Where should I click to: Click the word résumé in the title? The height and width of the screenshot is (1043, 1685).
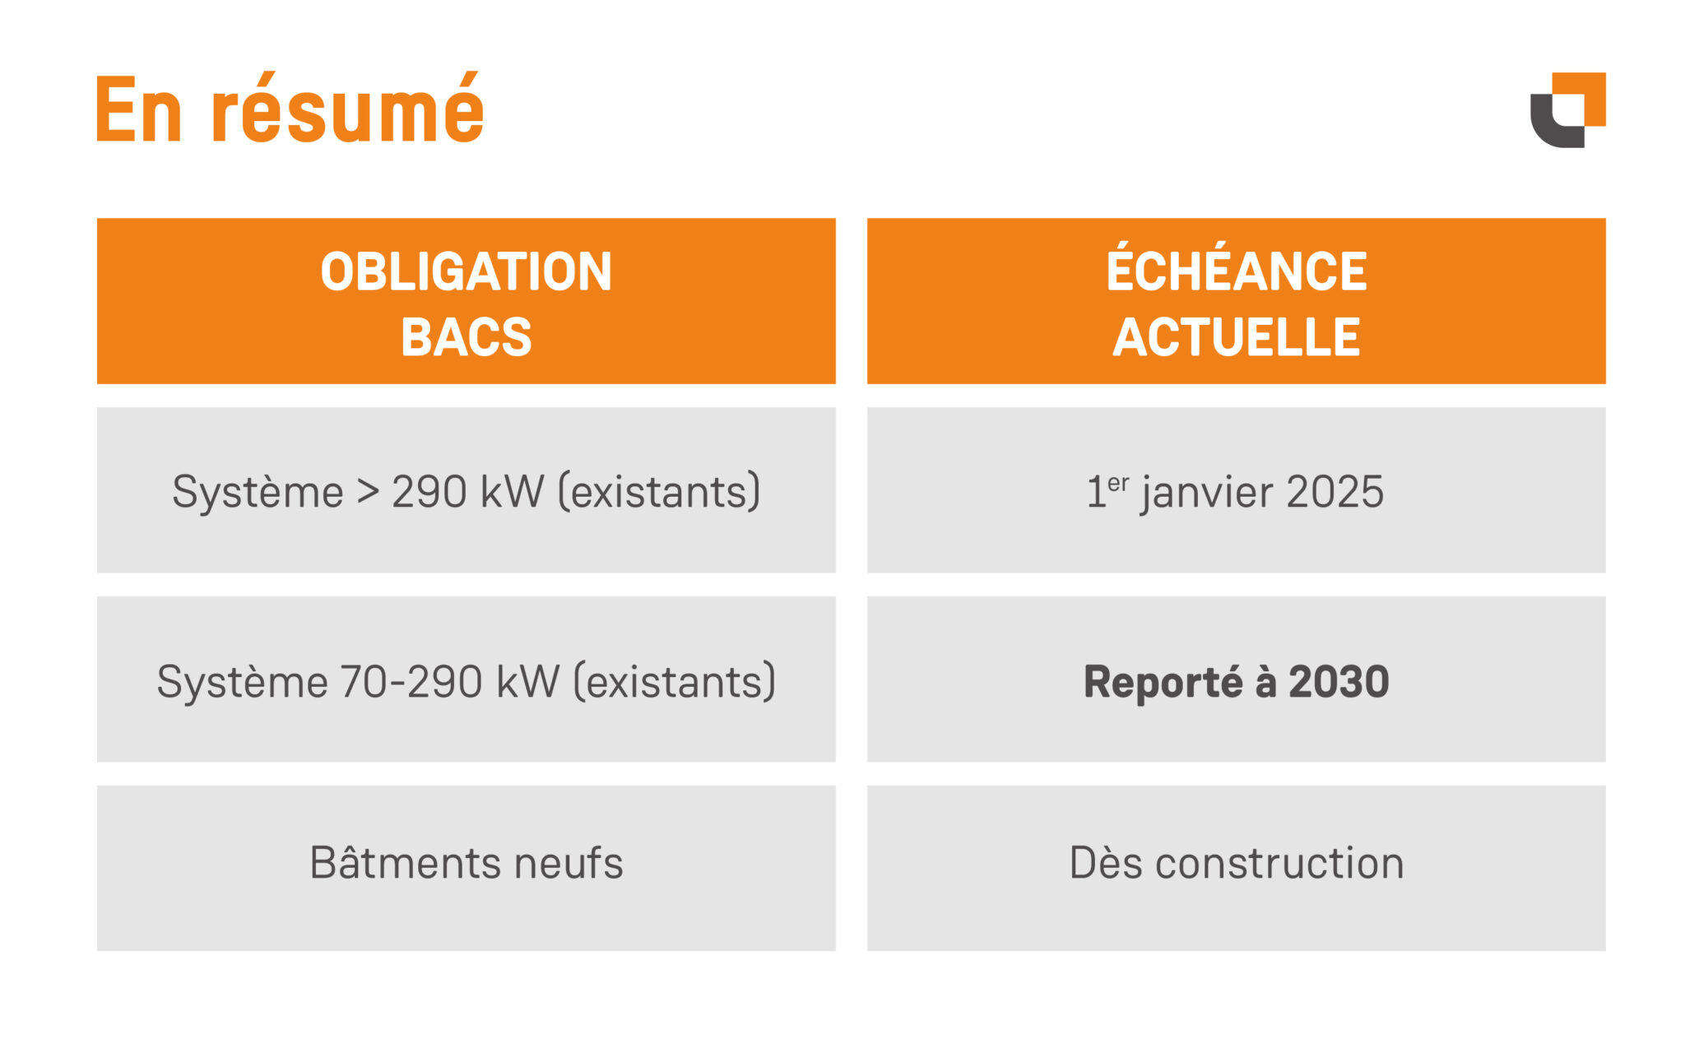pyautogui.click(x=347, y=110)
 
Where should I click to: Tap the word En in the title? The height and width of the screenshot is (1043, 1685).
pyautogui.click(x=137, y=110)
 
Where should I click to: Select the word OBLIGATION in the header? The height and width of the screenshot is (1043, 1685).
pyautogui.click(x=466, y=271)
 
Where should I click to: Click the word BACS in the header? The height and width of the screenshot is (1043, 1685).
pyautogui.click(x=466, y=337)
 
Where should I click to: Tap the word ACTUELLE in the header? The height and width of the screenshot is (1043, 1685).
pyautogui.click(x=1236, y=337)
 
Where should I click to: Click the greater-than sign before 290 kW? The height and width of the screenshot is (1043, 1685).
pyautogui.click(x=367, y=492)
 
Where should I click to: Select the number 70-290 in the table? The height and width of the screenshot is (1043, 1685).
pyautogui.click(x=411, y=681)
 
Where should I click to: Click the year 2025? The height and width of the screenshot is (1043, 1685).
pyautogui.click(x=1335, y=492)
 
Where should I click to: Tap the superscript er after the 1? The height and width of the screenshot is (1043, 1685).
pyautogui.click(x=1118, y=482)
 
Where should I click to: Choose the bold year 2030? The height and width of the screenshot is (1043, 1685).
pyautogui.click(x=1339, y=681)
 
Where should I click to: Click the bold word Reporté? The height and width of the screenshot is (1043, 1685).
pyautogui.click(x=1163, y=683)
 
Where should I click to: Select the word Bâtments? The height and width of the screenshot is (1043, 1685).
pyautogui.click(x=405, y=863)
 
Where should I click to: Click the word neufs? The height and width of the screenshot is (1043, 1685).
pyautogui.click(x=569, y=863)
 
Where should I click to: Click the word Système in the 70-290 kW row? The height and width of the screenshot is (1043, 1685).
pyautogui.click(x=243, y=683)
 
